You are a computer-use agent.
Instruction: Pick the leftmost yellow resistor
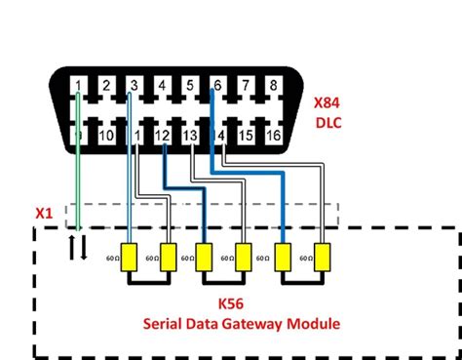[x=128, y=257]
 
